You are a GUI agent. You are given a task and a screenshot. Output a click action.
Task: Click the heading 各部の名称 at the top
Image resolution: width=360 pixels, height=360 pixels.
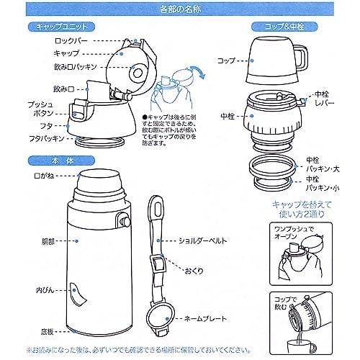coord(179,9)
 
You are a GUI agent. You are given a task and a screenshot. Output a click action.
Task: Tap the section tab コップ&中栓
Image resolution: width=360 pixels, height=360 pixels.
coord(284,26)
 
